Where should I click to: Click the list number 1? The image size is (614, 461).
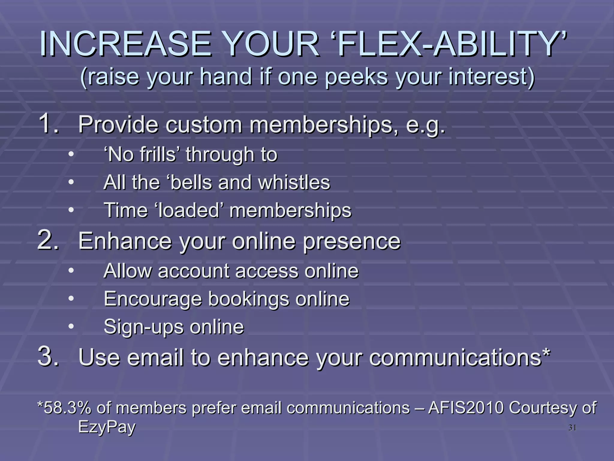(48, 123)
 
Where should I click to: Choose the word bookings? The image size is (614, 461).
(249, 299)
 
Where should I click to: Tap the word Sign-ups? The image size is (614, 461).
(143, 327)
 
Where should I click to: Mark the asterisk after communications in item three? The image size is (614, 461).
(546, 352)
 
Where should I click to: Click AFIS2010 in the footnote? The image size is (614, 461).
(466, 408)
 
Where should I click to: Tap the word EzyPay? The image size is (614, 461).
(107, 427)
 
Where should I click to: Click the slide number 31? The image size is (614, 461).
(572, 428)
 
